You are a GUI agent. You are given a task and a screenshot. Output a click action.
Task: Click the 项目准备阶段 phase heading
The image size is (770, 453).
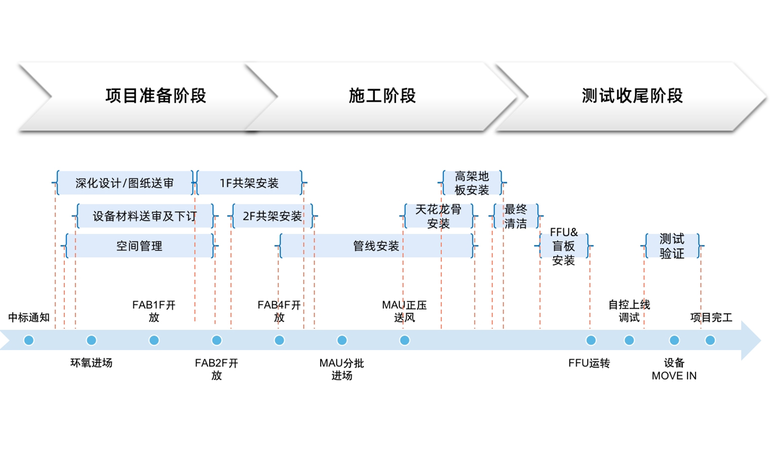pyautogui.click(x=156, y=96)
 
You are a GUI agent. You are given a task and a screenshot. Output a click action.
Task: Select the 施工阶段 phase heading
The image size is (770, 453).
pyautogui.click(x=382, y=96)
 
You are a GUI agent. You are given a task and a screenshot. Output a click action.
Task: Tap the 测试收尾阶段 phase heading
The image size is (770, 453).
pyautogui.click(x=632, y=96)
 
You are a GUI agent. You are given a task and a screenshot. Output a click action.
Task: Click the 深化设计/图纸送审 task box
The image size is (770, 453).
pyautogui.click(x=124, y=183)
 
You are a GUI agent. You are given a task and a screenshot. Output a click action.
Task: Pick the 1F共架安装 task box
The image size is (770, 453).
pyautogui.click(x=249, y=183)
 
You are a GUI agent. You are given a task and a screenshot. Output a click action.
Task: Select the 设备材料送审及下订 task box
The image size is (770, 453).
pyautogui.click(x=144, y=216)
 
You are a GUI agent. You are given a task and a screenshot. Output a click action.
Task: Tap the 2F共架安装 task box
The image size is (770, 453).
pyautogui.click(x=272, y=216)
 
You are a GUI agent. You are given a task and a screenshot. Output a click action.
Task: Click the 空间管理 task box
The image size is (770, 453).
pyautogui.click(x=139, y=246)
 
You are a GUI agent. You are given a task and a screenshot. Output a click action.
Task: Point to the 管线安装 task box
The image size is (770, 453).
pyautogui.click(x=376, y=246)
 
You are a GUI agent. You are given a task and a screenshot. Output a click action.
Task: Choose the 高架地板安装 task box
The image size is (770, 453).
pyautogui.click(x=472, y=183)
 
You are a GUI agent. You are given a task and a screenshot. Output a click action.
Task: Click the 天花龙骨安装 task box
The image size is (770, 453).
pyautogui.click(x=438, y=216)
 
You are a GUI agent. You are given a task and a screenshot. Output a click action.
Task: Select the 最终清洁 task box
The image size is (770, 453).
pyautogui.click(x=516, y=216)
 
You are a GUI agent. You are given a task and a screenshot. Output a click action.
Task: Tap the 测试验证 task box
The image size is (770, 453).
pyautogui.click(x=672, y=246)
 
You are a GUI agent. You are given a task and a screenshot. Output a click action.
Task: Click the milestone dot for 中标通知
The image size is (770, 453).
pyautogui.click(x=29, y=341)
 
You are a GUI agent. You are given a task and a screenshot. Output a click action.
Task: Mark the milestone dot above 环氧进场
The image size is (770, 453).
pyautogui.click(x=91, y=341)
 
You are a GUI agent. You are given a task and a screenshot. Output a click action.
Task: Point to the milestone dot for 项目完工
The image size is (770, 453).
pyautogui.click(x=710, y=341)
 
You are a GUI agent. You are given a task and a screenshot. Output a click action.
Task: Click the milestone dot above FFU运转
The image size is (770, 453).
pyautogui.click(x=591, y=341)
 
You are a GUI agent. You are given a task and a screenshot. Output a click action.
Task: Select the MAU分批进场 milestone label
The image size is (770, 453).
pyautogui.click(x=341, y=369)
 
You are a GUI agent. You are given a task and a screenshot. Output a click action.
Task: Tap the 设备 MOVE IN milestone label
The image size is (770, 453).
pyautogui.click(x=674, y=369)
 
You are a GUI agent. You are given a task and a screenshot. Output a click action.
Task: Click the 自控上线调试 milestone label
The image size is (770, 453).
pyautogui.click(x=629, y=311)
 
